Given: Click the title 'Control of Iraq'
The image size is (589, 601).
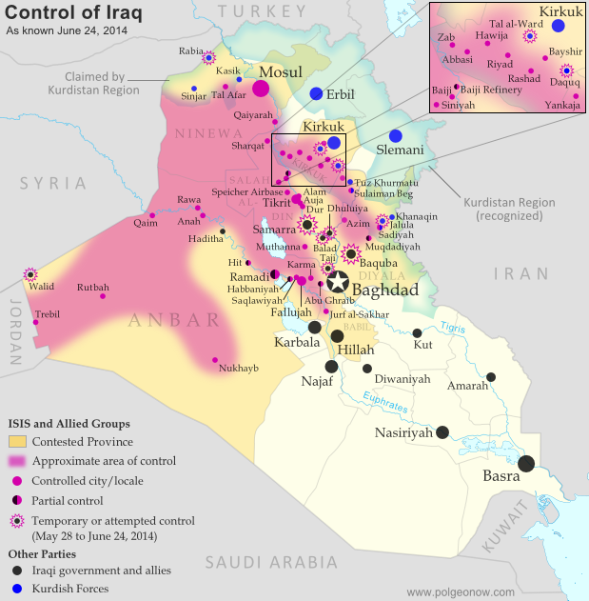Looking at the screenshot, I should click(62, 12).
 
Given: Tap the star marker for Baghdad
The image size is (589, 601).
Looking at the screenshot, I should click(338, 282).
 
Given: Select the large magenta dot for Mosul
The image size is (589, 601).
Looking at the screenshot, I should click(261, 89).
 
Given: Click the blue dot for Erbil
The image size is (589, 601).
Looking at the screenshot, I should click(316, 93).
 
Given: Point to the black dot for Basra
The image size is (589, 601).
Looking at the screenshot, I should click(526, 463).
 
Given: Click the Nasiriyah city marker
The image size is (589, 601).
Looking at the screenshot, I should click(442, 431).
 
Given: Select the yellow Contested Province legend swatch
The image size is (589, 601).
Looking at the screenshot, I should click(17, 441).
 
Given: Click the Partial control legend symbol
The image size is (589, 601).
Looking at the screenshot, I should click(17, 500).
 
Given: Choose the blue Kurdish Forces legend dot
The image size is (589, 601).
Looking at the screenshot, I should click(17, 589).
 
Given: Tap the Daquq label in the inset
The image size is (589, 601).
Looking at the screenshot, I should click(564, 83).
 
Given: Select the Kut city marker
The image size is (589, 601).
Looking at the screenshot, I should click(418, 332).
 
